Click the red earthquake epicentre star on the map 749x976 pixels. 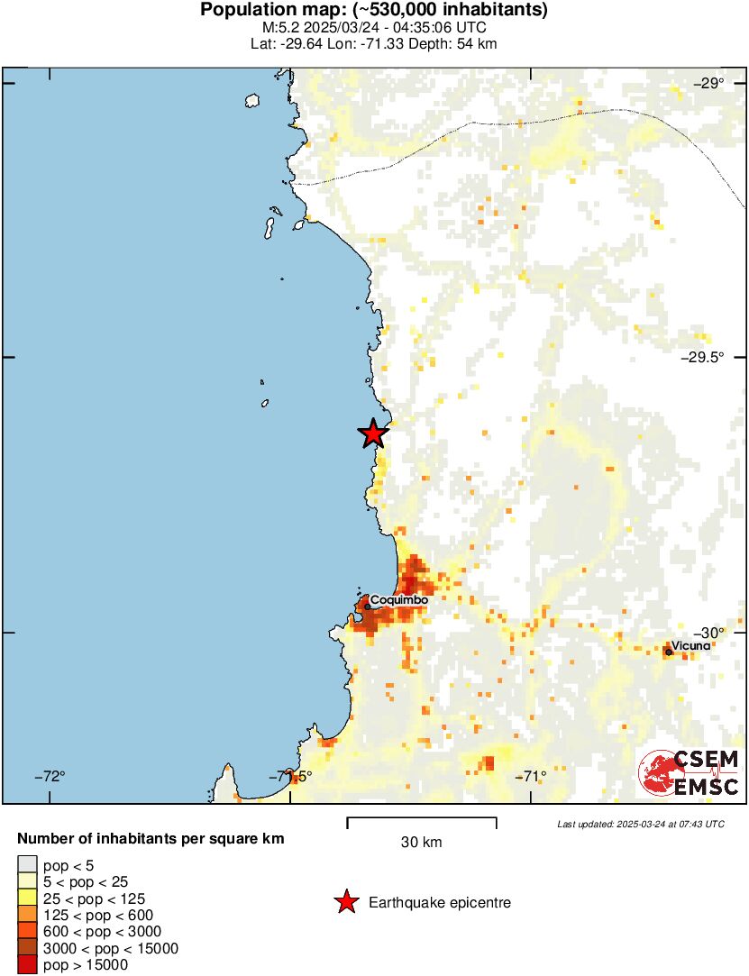point(373,433)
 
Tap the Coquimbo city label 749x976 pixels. point(398,598)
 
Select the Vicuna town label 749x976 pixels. point(691,645)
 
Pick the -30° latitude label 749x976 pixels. point(708,633)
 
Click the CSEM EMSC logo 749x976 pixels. point(690,772)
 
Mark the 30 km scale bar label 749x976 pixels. point(421,843)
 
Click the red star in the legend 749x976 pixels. point(346,902)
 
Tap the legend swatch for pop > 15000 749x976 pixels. point(27,964)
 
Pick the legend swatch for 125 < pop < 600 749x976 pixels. point(27,915)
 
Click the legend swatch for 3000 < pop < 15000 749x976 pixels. point(27,948)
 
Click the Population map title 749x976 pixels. point(374,11)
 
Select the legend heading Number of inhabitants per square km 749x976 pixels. point(151,839)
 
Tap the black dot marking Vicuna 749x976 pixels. point(668,652)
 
